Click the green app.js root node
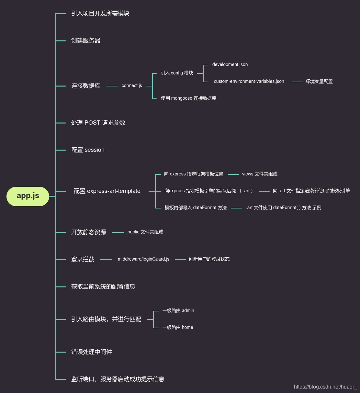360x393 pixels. tap(28, 196)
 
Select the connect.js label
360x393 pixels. tap(132, 86)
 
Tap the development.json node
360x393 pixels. tap(230, 65)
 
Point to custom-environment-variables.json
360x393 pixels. tap(249, 82)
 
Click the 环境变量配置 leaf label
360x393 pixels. tap(319, 82)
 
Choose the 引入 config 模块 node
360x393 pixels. tap(177, 73)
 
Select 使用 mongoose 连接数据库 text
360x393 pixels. tap(188, 98)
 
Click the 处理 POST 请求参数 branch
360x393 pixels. tap(98, 123)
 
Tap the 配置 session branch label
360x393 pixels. tap(88, 150)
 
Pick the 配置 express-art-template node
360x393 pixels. tap(107, 191)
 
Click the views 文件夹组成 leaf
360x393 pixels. tap(260, 174)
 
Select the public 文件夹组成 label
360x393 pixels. tap(145, 232)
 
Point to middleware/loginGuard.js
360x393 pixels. tap(143, 259)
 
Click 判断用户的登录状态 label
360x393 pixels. tap(209, 259)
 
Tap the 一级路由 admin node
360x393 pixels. tap(178, 311)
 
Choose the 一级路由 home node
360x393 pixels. tap(178, 328)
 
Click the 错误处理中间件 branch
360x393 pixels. tap(92, 352)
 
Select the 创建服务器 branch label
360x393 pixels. tap(86, 41)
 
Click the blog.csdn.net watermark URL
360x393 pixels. tap(325, 387)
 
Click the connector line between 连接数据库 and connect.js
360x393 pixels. tap(112, 86)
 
